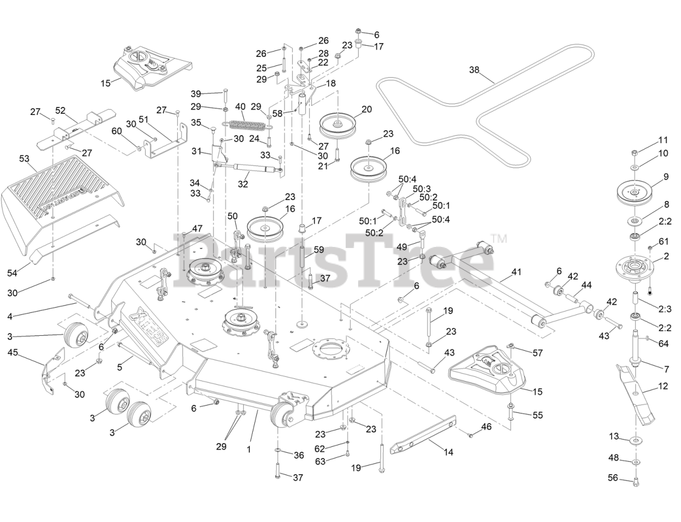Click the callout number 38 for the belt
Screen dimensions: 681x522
475,70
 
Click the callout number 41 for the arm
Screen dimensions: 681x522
516,271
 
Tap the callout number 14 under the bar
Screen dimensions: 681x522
449,452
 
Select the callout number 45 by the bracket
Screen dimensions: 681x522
13,352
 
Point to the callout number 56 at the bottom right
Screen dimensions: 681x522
613,477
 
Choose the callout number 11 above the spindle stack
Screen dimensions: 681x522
662,140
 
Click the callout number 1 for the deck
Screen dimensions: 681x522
248,449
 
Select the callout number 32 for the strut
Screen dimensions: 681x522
243,185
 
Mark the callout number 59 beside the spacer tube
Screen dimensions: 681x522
318,248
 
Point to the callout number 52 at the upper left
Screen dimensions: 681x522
60,111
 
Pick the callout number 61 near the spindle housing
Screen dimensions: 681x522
663,242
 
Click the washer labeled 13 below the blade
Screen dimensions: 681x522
636,440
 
